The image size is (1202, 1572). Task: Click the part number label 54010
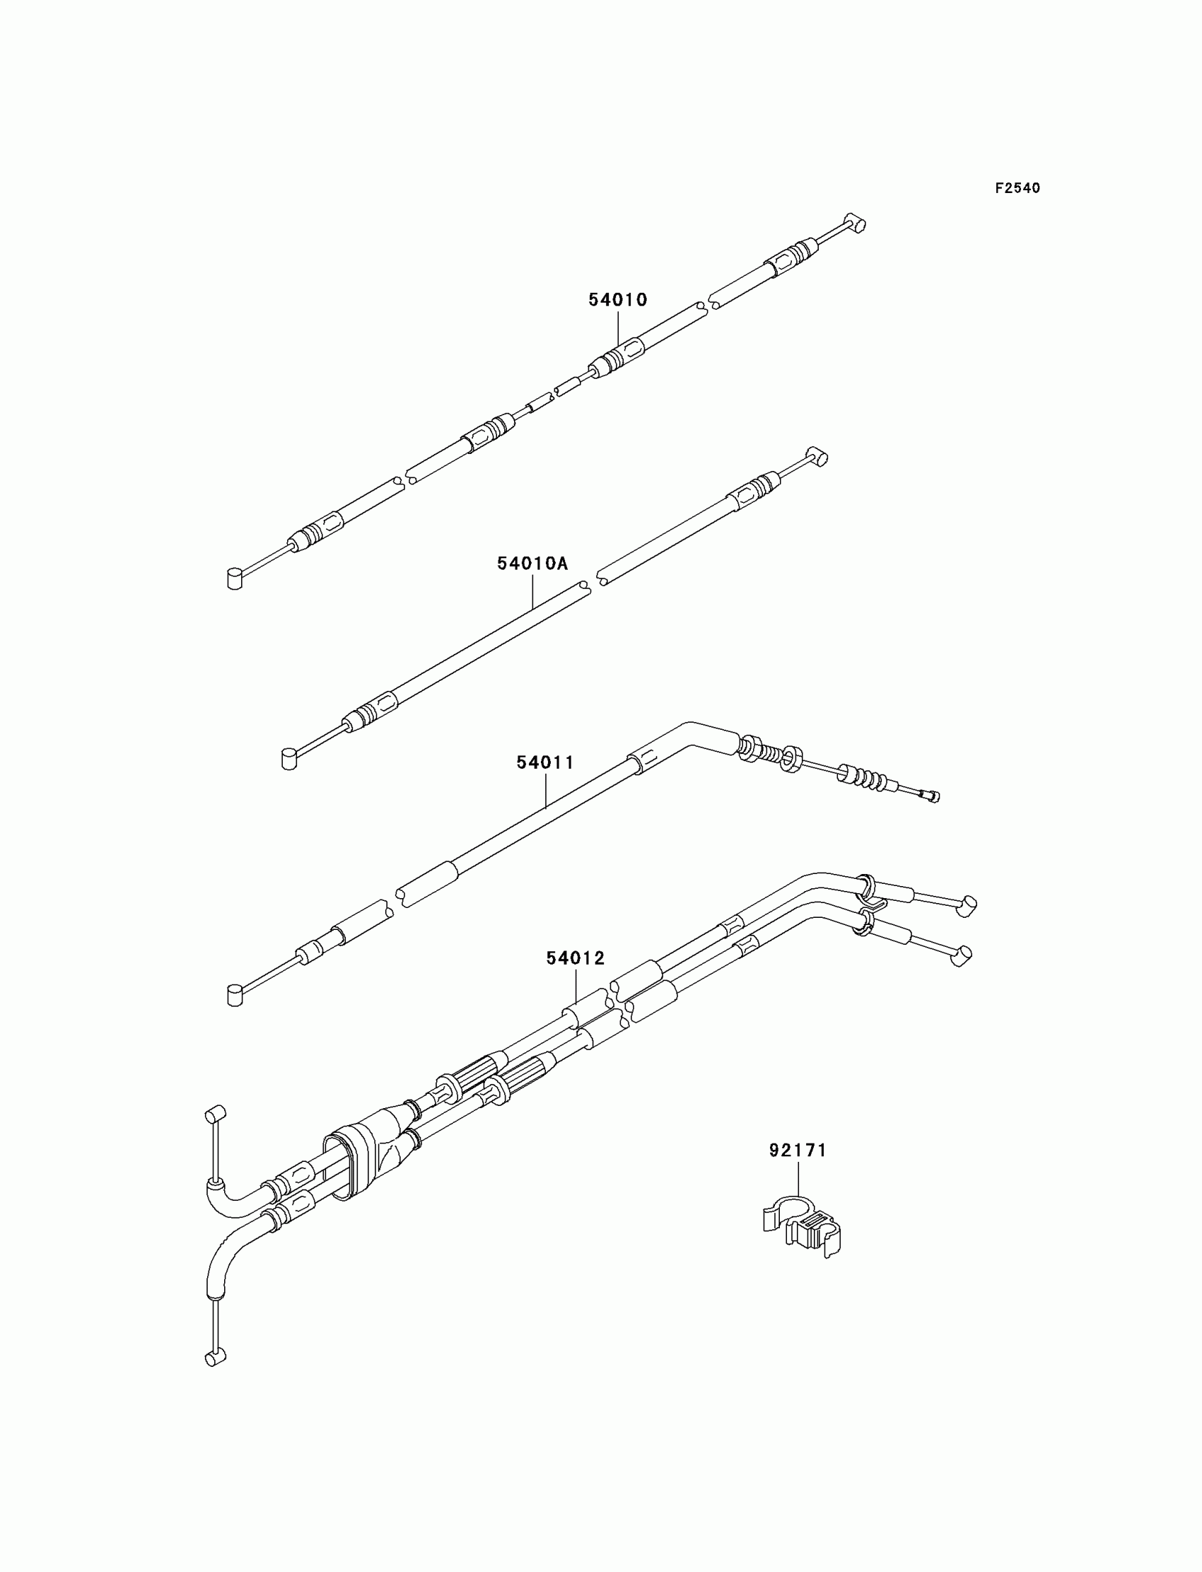coord(617,300)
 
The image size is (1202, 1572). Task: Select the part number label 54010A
coord(532,564)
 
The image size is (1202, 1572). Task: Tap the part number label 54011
coord(545,763)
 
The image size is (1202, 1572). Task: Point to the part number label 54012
coord(576,958)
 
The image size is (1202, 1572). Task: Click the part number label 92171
coord(798,1151)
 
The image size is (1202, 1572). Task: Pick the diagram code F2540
coord(1017,188)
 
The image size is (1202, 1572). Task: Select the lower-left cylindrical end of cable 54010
coord(234,579)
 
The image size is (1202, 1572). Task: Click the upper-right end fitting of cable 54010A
coord(817,456)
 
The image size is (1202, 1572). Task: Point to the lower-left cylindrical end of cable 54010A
coord(288,759)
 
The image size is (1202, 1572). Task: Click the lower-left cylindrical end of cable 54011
coord(234,995)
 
